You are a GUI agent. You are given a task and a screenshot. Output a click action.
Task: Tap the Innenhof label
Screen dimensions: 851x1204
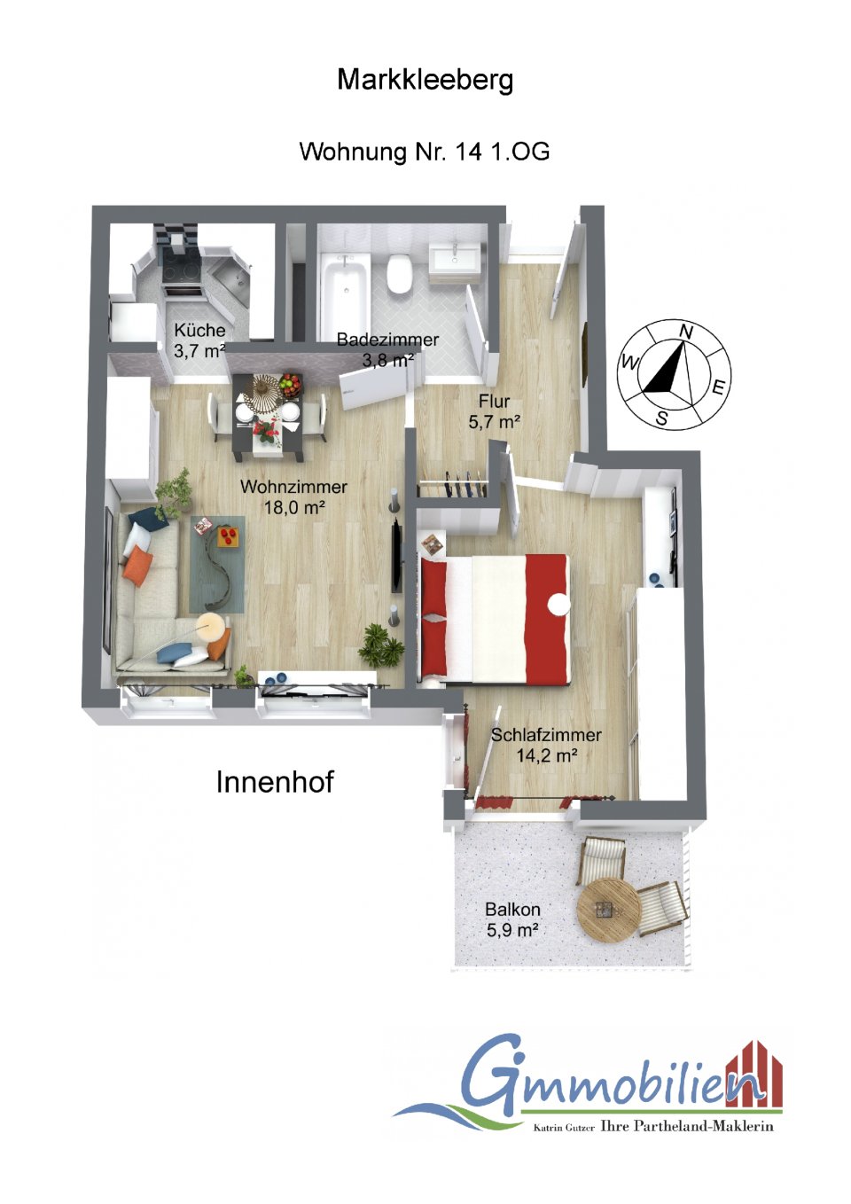(x=275, y=782)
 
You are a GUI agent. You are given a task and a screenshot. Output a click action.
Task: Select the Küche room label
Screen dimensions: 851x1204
(x=199, y=330)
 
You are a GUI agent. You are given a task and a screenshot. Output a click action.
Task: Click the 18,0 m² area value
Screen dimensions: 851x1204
(x=294, y=507)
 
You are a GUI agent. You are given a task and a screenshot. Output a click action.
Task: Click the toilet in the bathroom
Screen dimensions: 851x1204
(x=401, y=272)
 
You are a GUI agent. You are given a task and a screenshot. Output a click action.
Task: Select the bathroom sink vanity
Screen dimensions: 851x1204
(x=455, y=260)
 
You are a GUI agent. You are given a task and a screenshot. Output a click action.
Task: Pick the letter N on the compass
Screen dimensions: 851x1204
(x=685, y=331)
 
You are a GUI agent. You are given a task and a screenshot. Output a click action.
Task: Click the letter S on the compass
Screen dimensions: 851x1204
(x=662, y=418)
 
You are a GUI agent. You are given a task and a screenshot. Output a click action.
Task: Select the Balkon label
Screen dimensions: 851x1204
(x=512, y=910)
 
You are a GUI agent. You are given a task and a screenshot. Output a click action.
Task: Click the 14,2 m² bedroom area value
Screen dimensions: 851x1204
(x=547, y=755)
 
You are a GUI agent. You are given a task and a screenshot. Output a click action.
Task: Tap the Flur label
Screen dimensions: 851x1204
(x=495, y=401)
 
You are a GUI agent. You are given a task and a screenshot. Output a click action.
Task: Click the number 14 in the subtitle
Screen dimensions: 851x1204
(x=467, y=152)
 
